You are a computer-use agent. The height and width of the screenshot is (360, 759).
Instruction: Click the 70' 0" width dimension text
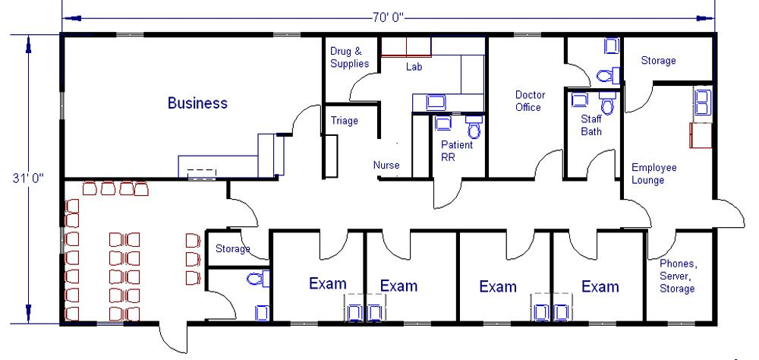(x=388, y=18)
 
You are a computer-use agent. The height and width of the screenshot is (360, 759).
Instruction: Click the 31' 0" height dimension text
(x=27, y=178)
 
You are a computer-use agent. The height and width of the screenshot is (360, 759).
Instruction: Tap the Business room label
(x=197, y=103)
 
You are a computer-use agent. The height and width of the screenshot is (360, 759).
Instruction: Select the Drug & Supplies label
(x=349, y=57)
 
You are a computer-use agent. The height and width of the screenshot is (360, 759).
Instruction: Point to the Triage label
(x=344, y=121)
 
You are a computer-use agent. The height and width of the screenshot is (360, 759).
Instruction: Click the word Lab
(x=414, y=66)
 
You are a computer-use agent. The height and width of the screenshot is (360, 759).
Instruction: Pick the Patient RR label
(x=456, y=150)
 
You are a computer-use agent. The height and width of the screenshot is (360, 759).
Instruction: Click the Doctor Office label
(x=530, y=101)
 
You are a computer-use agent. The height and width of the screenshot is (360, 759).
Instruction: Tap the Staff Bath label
(x=591, y=125)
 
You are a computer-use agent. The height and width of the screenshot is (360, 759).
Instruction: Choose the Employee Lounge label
(x=654, y=173)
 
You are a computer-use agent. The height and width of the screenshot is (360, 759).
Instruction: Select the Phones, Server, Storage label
(x=678, y=276)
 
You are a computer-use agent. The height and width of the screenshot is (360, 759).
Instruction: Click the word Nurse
(x=386, y=166)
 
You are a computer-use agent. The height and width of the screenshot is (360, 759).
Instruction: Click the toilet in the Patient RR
(x=474, y=128)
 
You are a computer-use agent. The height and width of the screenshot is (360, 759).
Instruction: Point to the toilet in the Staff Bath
(x=607, y=101)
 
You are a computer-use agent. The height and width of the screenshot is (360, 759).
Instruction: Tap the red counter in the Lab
(x=406, y=47)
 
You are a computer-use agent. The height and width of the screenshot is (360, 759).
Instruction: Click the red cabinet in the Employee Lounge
(x=701, y=135)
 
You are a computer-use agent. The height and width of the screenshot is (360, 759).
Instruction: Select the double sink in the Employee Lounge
(x=703, y=102)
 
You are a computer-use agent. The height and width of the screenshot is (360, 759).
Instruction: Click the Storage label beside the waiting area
(x=233, y=249)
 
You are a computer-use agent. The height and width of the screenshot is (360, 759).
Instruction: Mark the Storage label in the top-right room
(x=658, y=61)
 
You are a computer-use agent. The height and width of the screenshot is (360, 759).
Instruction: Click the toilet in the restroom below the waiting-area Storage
(x=258, y=279)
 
